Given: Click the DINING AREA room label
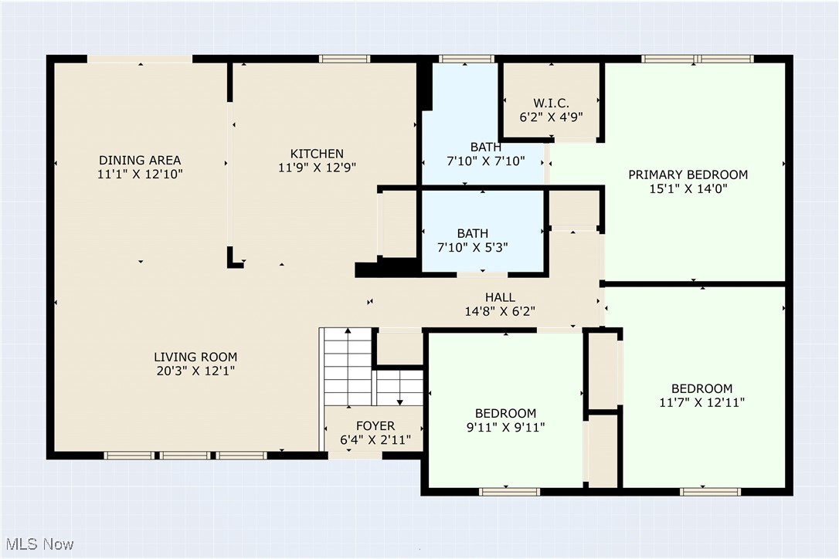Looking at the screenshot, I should (x=140, y=160).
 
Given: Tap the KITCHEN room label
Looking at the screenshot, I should (x=317, y=153).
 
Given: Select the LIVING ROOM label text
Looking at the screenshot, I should (x=195, y=357).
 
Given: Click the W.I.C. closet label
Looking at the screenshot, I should (x=552, y=103).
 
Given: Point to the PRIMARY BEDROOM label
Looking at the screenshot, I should (x=688, y=174).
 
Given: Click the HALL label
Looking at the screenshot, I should (x=500, y=297).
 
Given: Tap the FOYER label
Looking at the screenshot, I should (x=375, y=425).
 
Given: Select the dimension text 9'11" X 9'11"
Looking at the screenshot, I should (x=505, y=427).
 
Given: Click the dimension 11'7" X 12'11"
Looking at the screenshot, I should (x=701, y=402).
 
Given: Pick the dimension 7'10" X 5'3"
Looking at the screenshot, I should (x=472, y=247).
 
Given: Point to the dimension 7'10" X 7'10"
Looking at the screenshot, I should (x=485, y=161).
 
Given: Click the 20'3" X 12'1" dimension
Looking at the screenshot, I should (x=195, y=371).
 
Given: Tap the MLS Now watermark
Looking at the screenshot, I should (x=38, y=544).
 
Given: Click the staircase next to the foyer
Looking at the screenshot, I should (x=348, y=367).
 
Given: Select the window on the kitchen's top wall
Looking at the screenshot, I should (x=344, y=59).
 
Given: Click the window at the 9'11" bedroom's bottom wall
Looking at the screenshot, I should (x=509, y=491).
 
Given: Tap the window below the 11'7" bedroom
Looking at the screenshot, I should (x=710, y=491).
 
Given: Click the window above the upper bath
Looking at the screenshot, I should (x=467, y=59).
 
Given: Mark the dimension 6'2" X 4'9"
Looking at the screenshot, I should (x=552, y=117).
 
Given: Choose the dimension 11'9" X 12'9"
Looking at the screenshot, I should (x=317, y=167).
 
